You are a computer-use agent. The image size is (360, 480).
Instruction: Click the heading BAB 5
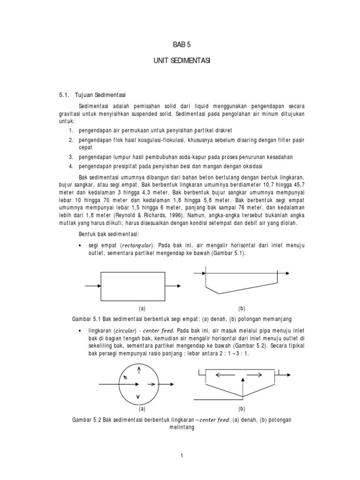(x=180, y=45)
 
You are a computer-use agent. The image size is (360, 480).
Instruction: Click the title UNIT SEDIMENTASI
(x=180, y=62)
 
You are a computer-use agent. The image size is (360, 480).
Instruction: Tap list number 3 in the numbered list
(x=71, y=157)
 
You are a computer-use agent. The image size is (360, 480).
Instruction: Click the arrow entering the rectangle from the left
(x=92, y=285)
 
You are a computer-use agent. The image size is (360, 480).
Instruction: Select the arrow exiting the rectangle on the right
(x=176, y=285)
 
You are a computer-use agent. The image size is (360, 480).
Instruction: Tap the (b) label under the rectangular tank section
(x=242, y=308)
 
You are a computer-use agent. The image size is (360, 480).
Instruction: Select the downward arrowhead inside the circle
(x=137, y=397)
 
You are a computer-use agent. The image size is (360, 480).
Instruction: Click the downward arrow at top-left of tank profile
(x=205, y=269)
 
